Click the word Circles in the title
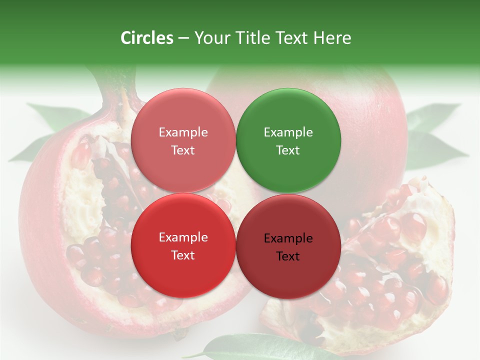[147, 38]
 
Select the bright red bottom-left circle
[183, 246]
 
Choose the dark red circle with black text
[288, 246]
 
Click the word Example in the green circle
[288, 132]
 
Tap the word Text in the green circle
[288, 150]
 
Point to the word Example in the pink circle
[183, 132]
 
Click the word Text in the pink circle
[183, 150]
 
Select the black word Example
[288, 238]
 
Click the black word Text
[288, 256]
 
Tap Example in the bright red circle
[183, 237]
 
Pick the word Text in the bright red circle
[183, 255]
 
